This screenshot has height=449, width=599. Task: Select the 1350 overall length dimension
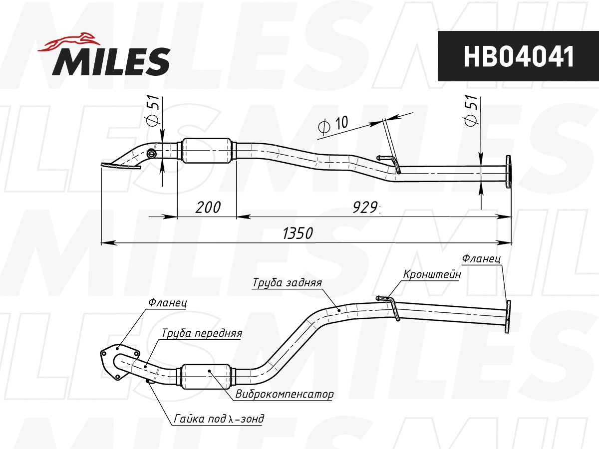pyautogui.click(x=298, y=233)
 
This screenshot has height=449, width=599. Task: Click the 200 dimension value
pyautogui.click(x=207, y=207)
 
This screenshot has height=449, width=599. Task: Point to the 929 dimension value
pyautogui.click(x=364, y=207)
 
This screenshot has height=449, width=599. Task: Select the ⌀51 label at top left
pyautogui.click(x=153, y=111)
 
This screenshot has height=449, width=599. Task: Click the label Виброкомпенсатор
pyautogui.click(x=284, y=394)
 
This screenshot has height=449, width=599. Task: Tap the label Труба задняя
pyautogui.click(x=287, y=282)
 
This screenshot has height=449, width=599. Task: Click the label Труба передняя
pyautogui.click(x=202, y=333)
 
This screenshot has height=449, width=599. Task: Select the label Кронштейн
pyautogui.click(x=432, y=274)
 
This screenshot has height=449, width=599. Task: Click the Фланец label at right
pyautogui.click(x=481, y=259)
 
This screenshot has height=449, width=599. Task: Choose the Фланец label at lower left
pyautogui.click(x=167, y=302)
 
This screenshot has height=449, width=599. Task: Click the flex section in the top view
pyautogui.click(x=208, y=150)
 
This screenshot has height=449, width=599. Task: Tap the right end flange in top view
pyautogui.click(x=508, y=172)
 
